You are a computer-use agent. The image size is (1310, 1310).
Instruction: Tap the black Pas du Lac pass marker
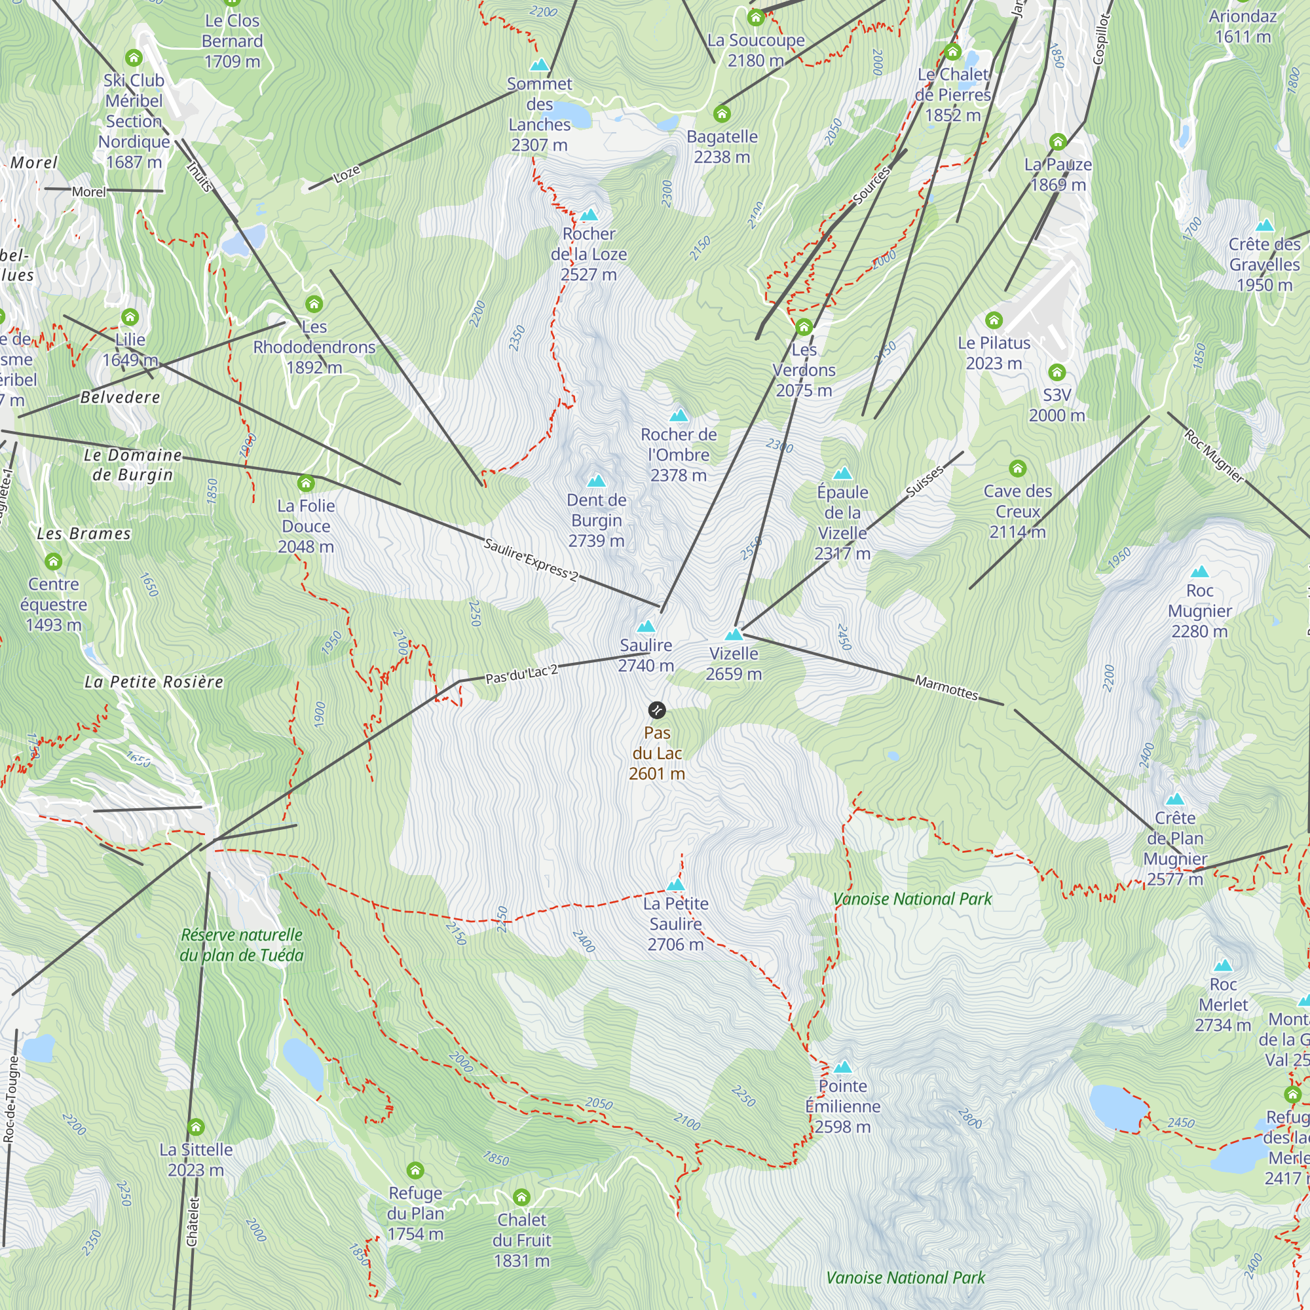point(656,710)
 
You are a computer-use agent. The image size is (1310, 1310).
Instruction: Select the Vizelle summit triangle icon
point(734,635)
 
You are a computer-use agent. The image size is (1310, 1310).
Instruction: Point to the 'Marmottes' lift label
point(946,688)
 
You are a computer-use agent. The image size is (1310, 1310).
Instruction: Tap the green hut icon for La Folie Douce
point(306,483)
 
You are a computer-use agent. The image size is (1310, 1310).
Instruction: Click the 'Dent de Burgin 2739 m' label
point(597,520)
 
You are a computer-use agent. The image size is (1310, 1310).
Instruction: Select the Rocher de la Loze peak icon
point(589,215)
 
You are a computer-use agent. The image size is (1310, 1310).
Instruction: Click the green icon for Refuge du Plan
point(415,1170)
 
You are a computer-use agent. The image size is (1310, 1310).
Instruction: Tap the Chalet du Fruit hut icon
point(521,1197)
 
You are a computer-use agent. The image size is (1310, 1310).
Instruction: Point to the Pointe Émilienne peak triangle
point(843,1066)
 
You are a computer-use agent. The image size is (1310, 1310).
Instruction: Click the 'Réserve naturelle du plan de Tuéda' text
point(242,945)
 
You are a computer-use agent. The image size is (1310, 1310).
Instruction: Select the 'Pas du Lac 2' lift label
point(521,674)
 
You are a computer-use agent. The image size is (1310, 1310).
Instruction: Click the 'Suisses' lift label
point(924,481)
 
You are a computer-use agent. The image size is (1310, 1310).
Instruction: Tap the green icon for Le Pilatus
point(994,320)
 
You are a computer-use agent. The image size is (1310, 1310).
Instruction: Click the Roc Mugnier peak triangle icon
point(1199,572)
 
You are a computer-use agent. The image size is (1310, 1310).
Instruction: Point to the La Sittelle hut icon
point(196,1127)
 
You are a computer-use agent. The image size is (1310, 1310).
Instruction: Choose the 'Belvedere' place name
point(120,398)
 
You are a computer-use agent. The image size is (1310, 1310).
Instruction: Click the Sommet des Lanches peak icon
point(539,65)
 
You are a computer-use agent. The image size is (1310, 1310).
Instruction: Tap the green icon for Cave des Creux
point(1017,468)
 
